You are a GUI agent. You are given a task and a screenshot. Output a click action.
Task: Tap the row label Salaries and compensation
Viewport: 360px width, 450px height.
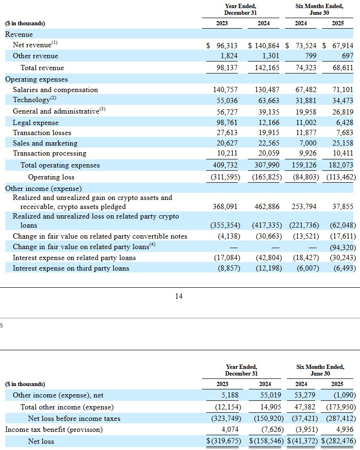[55, 90]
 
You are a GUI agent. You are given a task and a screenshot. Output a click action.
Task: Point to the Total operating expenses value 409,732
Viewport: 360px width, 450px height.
[225, 165]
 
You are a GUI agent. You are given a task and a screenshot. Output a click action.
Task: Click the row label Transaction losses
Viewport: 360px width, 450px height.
[42, 133]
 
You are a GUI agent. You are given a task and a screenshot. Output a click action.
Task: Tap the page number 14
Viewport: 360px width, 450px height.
[179, 296]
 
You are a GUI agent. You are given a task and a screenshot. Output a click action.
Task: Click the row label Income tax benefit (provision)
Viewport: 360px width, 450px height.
[54, 429]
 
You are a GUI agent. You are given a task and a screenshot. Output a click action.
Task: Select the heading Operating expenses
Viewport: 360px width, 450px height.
[36, 79]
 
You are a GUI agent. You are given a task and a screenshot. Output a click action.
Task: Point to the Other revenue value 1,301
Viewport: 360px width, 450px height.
[271, 56]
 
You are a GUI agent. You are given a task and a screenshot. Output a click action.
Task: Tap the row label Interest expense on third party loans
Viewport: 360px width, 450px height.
[71, 268]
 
